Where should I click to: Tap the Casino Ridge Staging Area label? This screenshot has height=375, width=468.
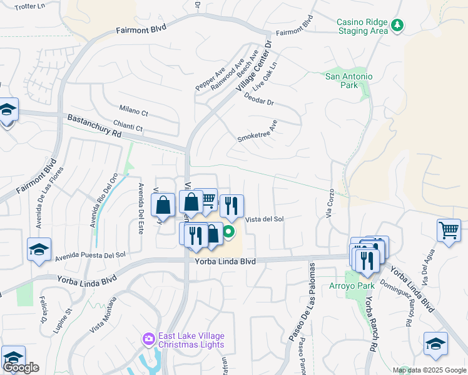(362, 26)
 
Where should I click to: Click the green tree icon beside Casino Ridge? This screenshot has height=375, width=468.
(397, 26)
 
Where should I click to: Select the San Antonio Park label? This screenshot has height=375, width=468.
(349, 81)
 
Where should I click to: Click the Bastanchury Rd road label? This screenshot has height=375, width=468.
(94, 125)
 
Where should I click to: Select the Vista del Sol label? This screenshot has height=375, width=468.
(265, 219)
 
